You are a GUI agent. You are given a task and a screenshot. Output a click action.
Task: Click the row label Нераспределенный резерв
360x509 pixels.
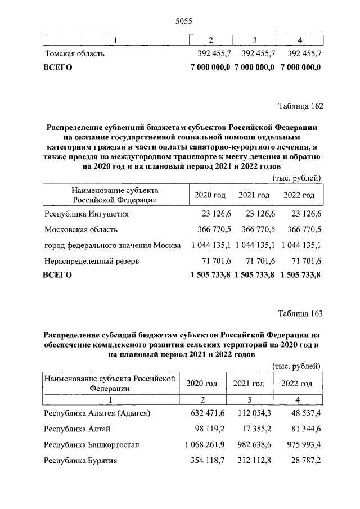point(92,261)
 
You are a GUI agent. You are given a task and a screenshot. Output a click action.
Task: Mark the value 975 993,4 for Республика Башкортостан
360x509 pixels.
point(301,445)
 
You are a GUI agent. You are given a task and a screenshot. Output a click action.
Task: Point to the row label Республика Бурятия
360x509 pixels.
point(80,461)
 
